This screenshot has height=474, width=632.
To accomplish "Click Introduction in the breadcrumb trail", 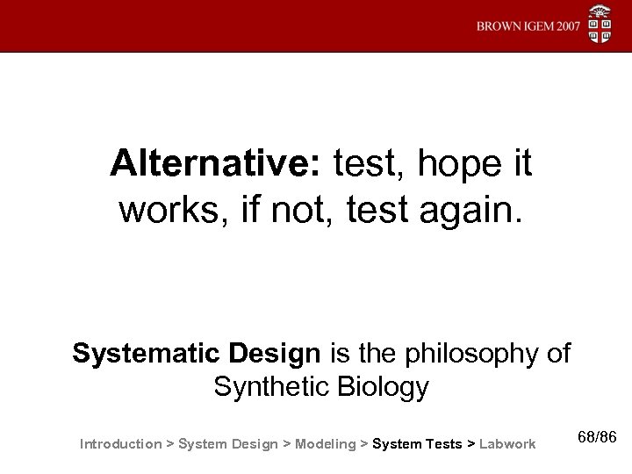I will point(120,444).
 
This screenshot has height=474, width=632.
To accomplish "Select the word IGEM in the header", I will point(535,25).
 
